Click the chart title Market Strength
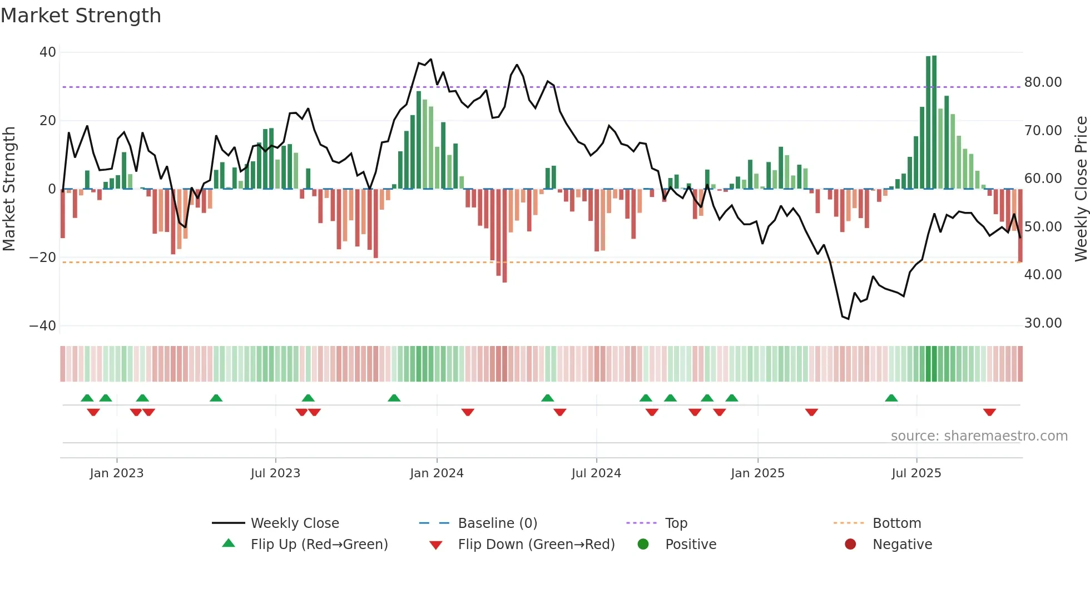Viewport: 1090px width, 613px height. tap(81, 16)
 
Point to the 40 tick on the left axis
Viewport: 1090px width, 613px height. tap(48, 52)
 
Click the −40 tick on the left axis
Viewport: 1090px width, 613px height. tap(43, 326)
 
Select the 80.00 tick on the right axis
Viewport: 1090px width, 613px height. tap(1043, 82)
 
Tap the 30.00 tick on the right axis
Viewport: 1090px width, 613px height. tap(1043, 323)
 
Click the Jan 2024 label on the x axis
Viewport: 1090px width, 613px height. tap(437, 473)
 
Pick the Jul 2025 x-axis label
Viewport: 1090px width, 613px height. tap(916, 473)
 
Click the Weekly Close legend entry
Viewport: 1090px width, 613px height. tap(294, 523)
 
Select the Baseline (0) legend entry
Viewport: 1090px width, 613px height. tap(497, 523)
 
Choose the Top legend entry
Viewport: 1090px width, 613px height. tap(676, 523)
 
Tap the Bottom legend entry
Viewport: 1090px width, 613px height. tap(896, 523)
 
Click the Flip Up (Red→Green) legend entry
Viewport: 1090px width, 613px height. tap(319, 545)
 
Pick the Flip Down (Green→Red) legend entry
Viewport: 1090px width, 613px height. tap(536, 545)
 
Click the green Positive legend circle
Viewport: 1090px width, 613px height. tap(643, 545)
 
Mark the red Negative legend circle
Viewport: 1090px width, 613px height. tap(850, 545)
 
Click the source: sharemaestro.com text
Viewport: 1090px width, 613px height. tap(979, 436)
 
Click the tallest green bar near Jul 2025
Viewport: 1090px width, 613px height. tap(934, 122)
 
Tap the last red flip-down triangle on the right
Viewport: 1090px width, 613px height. tap(989, 412)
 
